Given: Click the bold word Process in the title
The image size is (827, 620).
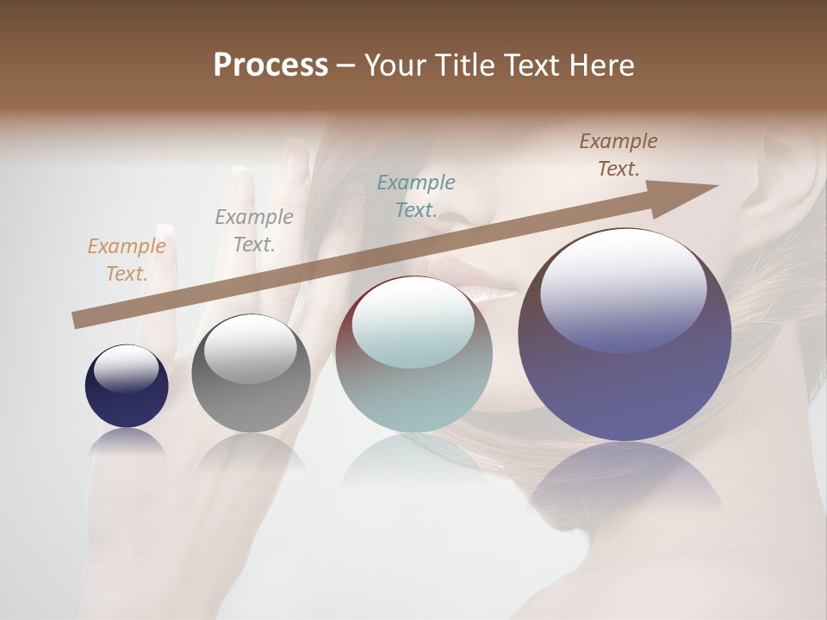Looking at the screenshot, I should pyautogui.click(x=270, y=65).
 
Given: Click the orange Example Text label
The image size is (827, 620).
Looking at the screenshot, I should pyautogui.click(x=127, y=260).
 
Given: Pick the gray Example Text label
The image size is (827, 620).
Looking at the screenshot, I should pyautogui.click(x=254, y=231).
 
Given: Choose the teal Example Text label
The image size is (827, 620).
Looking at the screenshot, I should pyautogui.click(x=416, y=196).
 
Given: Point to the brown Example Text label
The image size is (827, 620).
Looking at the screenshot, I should pyautogui.click(x=619, y=155).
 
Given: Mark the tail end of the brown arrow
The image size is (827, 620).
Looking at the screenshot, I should pyautogui.click(x=78, y=320).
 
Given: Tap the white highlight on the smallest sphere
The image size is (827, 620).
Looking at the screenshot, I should pyautogui.click(x=127, y=369).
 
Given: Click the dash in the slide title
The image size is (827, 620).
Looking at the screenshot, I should pyautogui.click(x=346, y=65).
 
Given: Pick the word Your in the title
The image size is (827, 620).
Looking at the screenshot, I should pyautogui.click(x=397, y=65).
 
